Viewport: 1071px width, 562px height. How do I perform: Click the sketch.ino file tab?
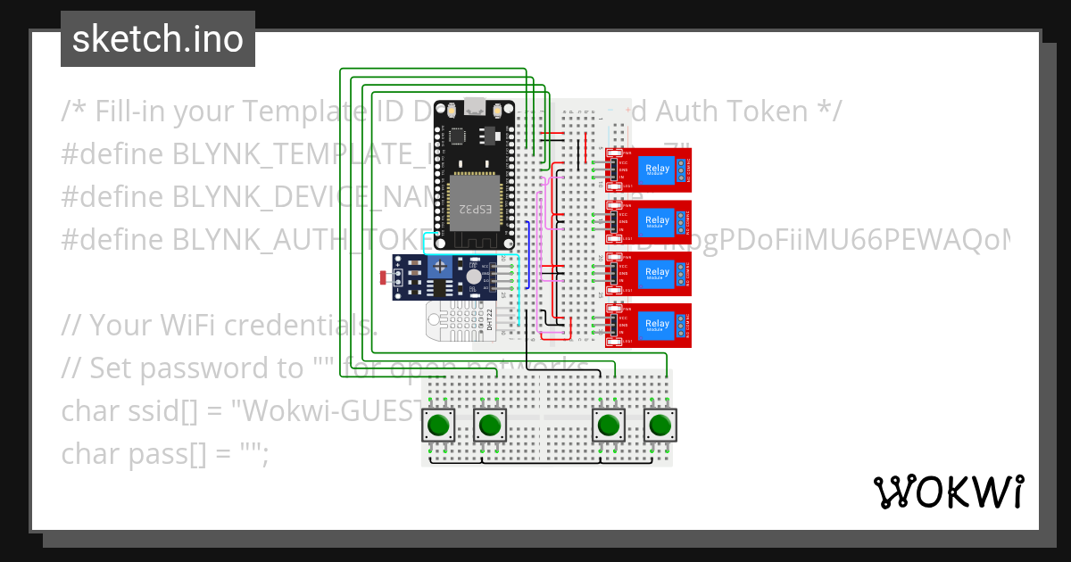pyautogui.click(x=157, y=39)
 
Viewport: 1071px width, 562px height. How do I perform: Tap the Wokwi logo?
pyautogui.click(x=948, y=492)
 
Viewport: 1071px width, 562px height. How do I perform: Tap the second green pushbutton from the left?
pyautogui.click(x=488, y=426)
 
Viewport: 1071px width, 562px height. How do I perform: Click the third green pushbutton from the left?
pyautogui.click(x=610, y=426)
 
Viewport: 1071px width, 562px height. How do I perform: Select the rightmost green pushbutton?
pyautogui.click(x=660, y=426)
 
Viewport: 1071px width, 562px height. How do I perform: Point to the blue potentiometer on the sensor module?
pyautogui.click(x=440, y=266)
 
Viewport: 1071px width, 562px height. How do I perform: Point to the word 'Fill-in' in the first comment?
pyautogui.click(x=133, y=112)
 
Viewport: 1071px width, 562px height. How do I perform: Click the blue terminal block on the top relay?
pyautogui.click(x=682, y=169)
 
